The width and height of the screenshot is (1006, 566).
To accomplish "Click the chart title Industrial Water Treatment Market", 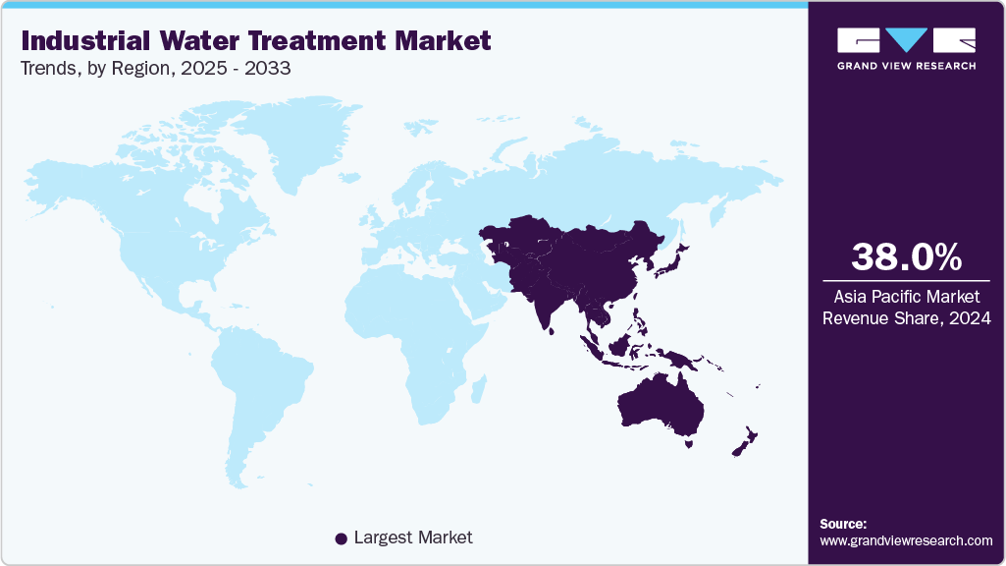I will (x=255, y=41).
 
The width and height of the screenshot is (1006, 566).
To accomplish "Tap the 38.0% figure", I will (x=906, y=256).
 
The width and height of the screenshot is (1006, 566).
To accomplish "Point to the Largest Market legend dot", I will (x=341, y=538).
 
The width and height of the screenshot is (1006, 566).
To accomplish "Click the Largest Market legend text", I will (x=412, y=538).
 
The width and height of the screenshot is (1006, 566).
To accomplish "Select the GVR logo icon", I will (x=906, y=40).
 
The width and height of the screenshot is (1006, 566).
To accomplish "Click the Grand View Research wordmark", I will (x=906, y=66).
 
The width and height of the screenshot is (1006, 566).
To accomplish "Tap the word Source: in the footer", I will (x=843, y=524).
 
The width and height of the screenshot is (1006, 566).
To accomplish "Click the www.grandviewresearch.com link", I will (x=906, y=540).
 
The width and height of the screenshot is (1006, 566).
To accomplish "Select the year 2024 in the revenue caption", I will (x=970, y=318).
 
